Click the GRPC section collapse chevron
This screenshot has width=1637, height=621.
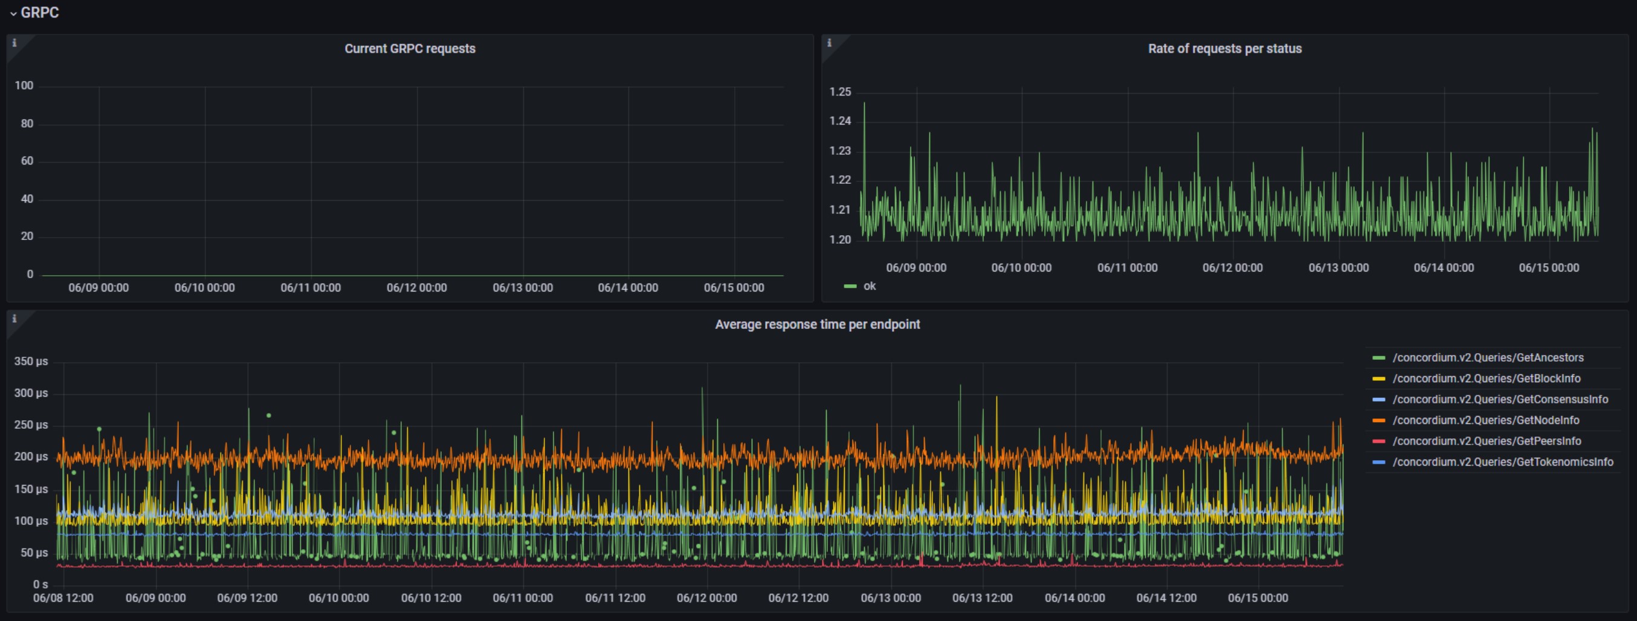tap(13, 13)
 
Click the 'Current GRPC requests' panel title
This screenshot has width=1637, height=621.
tap(410, 49)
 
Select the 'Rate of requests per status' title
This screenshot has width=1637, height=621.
tap(1224, 49)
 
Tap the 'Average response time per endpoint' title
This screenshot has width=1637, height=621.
tap(817, 325)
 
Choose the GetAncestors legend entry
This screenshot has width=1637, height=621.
tap(1478, 358)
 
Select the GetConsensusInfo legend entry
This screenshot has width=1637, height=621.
tap(1490, 400)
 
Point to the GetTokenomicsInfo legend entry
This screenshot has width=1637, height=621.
tap(1493, 463)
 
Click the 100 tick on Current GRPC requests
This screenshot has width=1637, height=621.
tap(24, 86)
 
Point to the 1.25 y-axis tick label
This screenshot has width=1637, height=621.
tap(840, 92)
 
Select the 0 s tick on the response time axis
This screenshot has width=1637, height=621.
tap(40, 585)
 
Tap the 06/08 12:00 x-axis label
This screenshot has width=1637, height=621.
tap(63, 599)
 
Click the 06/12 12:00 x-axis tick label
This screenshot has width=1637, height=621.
tap(798, 599)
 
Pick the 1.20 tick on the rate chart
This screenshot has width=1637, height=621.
tap(840, 240)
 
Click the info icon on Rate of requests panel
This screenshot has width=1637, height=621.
tap(828, 43)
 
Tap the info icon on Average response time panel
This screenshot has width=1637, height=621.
tap(14, 319)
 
